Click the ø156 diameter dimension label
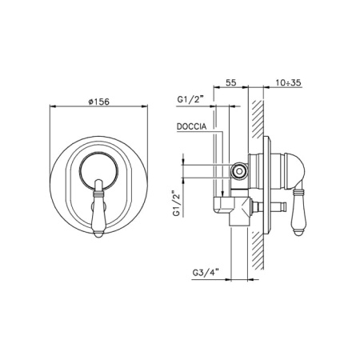pyautogui.click(x=98, y=102)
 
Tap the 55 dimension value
pyautogui.click(x=231, y=82)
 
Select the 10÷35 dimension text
pyautogui.click(x=288, y=82)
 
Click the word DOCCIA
pyautogui.click(x=192, y=126)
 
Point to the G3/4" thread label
pyautogui.click(x=206, y=273)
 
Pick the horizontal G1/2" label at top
pyautogui.click(x=190, y=99)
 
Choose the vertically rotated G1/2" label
pyautogui.click(x=177, y=203)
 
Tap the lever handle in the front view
pyautogui.click(x=98, y=209)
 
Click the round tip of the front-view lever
pyautogui.click(x=98, y=234)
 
